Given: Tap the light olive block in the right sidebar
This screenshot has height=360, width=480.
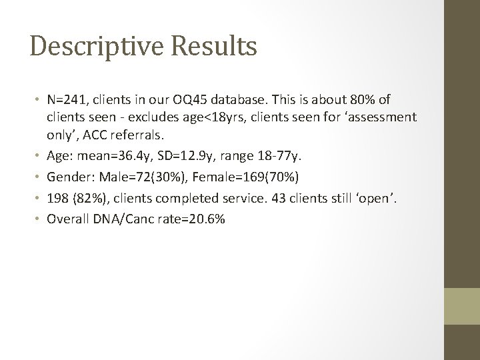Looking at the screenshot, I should pos(461,307).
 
